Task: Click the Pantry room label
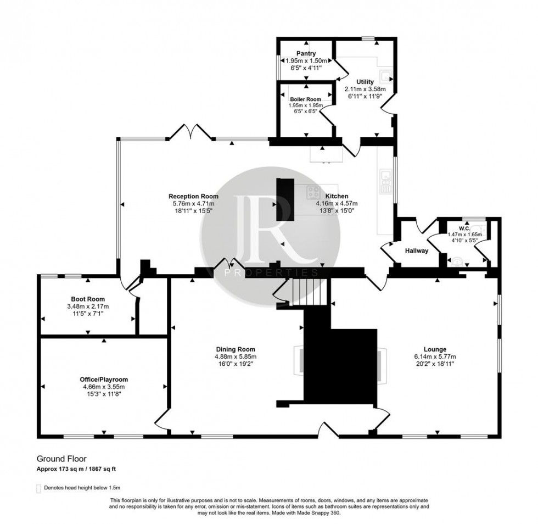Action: [306, 53]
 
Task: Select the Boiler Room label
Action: [306, 99]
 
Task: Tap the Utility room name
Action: [365, 82]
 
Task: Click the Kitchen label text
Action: [337, 196]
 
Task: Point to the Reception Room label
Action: [193, 196]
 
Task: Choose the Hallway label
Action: [416, 250]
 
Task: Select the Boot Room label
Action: [88, 299]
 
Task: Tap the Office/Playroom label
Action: [102, 380]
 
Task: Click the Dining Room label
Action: [235, 349]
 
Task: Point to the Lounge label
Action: [434, 349]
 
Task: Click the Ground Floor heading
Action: [61, 458]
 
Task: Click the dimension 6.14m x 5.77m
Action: [434, 356]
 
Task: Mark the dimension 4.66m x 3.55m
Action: [102, 387]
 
